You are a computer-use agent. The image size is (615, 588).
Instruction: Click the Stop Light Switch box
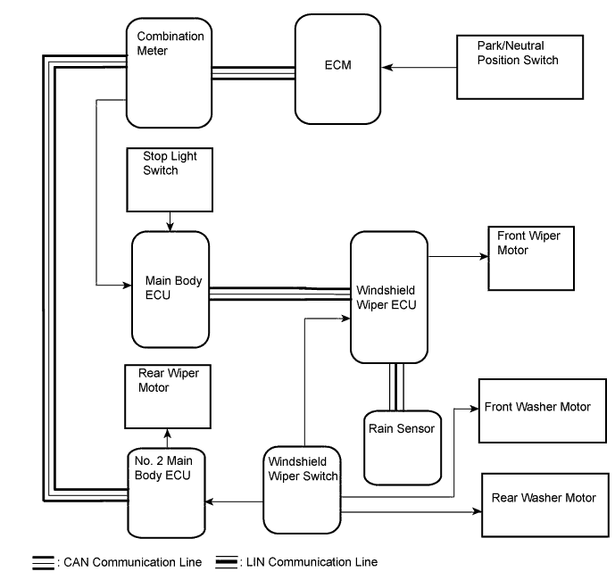(170, 178)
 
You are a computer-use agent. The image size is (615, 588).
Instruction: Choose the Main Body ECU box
(170, 289)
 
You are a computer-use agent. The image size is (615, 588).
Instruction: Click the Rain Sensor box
(402, 443)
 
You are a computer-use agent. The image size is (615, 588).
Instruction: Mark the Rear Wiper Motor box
(169, 395)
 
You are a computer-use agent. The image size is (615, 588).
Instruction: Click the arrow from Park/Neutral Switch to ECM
(423, 68)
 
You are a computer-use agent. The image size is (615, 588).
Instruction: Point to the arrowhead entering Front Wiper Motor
(482, 256)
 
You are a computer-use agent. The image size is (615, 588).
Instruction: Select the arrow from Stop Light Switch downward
(170, 219)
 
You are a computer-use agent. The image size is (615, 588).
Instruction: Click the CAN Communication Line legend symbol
(43, 562)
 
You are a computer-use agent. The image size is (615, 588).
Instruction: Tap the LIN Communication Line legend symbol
(226, 562)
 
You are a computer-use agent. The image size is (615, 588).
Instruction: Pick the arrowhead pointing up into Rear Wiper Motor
(167, 433)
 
